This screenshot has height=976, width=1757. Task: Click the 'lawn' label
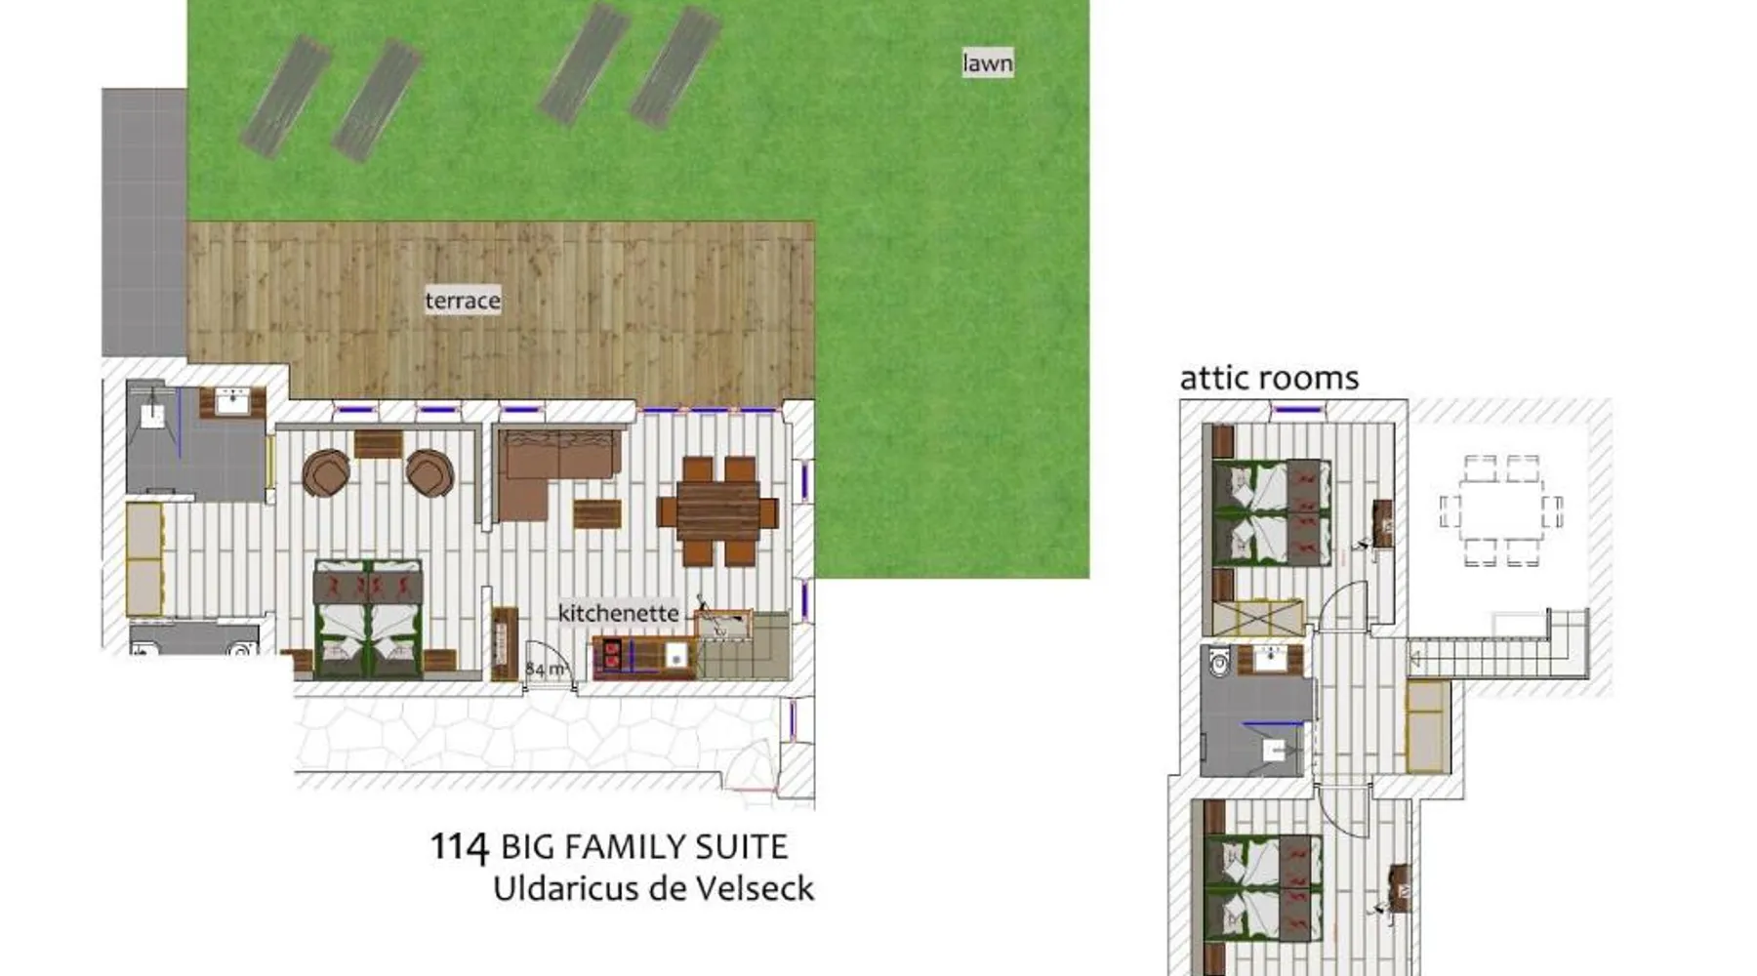987,63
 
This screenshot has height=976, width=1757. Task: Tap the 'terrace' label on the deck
463,301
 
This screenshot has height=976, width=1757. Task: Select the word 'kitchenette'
618,613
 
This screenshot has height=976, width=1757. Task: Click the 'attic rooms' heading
1269,378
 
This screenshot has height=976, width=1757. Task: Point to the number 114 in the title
460,846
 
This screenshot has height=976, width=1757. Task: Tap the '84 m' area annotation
547,670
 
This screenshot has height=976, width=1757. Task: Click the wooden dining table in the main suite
717,512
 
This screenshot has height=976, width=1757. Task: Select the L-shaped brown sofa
556,468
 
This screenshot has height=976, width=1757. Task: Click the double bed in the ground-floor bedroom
367,620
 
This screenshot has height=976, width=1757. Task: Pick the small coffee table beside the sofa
596,514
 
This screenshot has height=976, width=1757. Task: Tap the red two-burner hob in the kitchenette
612,654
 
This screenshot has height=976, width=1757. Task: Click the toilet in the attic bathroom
1219,663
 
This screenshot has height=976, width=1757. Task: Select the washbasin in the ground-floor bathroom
232,401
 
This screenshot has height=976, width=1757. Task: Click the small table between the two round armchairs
378,444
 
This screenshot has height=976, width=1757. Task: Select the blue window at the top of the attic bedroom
1299,409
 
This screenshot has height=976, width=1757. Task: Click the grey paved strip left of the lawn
144,223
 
